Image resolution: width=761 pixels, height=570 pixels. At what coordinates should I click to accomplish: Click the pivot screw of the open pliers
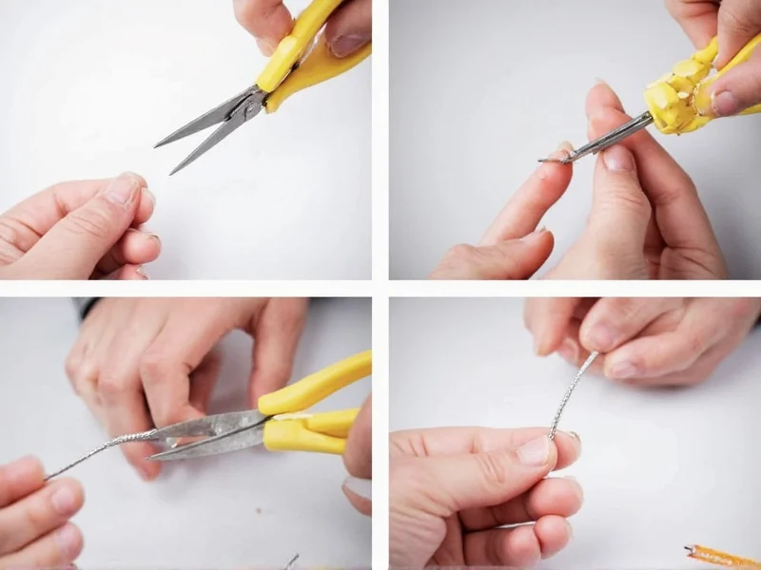coord(250,104)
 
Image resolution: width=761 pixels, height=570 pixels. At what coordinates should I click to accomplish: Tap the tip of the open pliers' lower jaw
coord(173,172)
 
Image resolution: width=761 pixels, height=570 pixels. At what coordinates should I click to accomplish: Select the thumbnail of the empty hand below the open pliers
coord(123,189)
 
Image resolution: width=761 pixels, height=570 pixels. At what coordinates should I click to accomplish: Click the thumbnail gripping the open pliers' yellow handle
coord(346,42)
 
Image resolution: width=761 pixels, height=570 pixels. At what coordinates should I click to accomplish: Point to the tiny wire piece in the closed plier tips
coord(546,159)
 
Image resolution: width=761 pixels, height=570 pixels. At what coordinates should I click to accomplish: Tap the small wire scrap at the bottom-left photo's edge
coord(291,560)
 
